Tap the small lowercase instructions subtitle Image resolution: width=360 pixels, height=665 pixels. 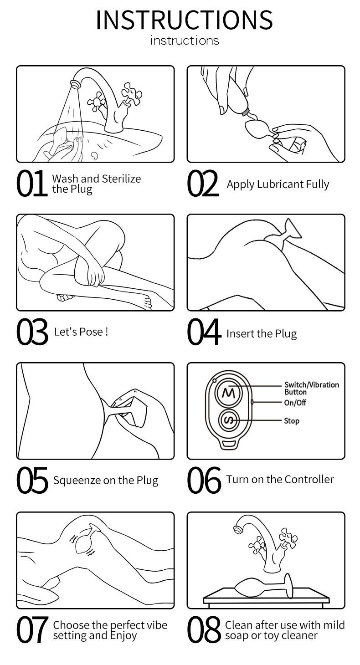(x=184, y=41)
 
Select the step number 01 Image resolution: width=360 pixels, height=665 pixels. (x=31, y=184)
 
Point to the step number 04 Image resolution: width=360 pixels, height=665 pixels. (x=204, y=333)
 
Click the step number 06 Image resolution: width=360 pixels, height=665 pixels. (x=204, y=481)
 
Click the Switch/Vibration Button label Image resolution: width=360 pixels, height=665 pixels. (x=311, y=388)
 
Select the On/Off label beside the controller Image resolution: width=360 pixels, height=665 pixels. (x=295, y=403)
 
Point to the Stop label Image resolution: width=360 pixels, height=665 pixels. (x=292, y=421)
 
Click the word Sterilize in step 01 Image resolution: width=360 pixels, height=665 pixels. (x=121, y=179)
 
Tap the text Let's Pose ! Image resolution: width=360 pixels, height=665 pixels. (x=81, y=331)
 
